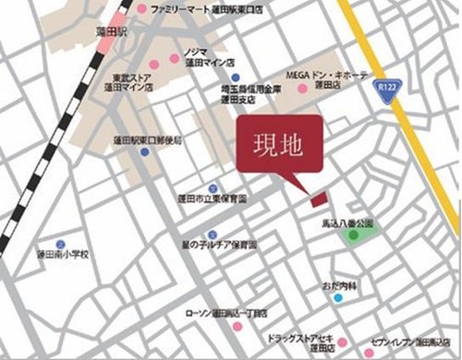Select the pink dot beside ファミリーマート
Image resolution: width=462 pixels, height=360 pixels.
click(x=141, y=10)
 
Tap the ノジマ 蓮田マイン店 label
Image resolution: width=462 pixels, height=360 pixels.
click(x=210, y=58)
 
